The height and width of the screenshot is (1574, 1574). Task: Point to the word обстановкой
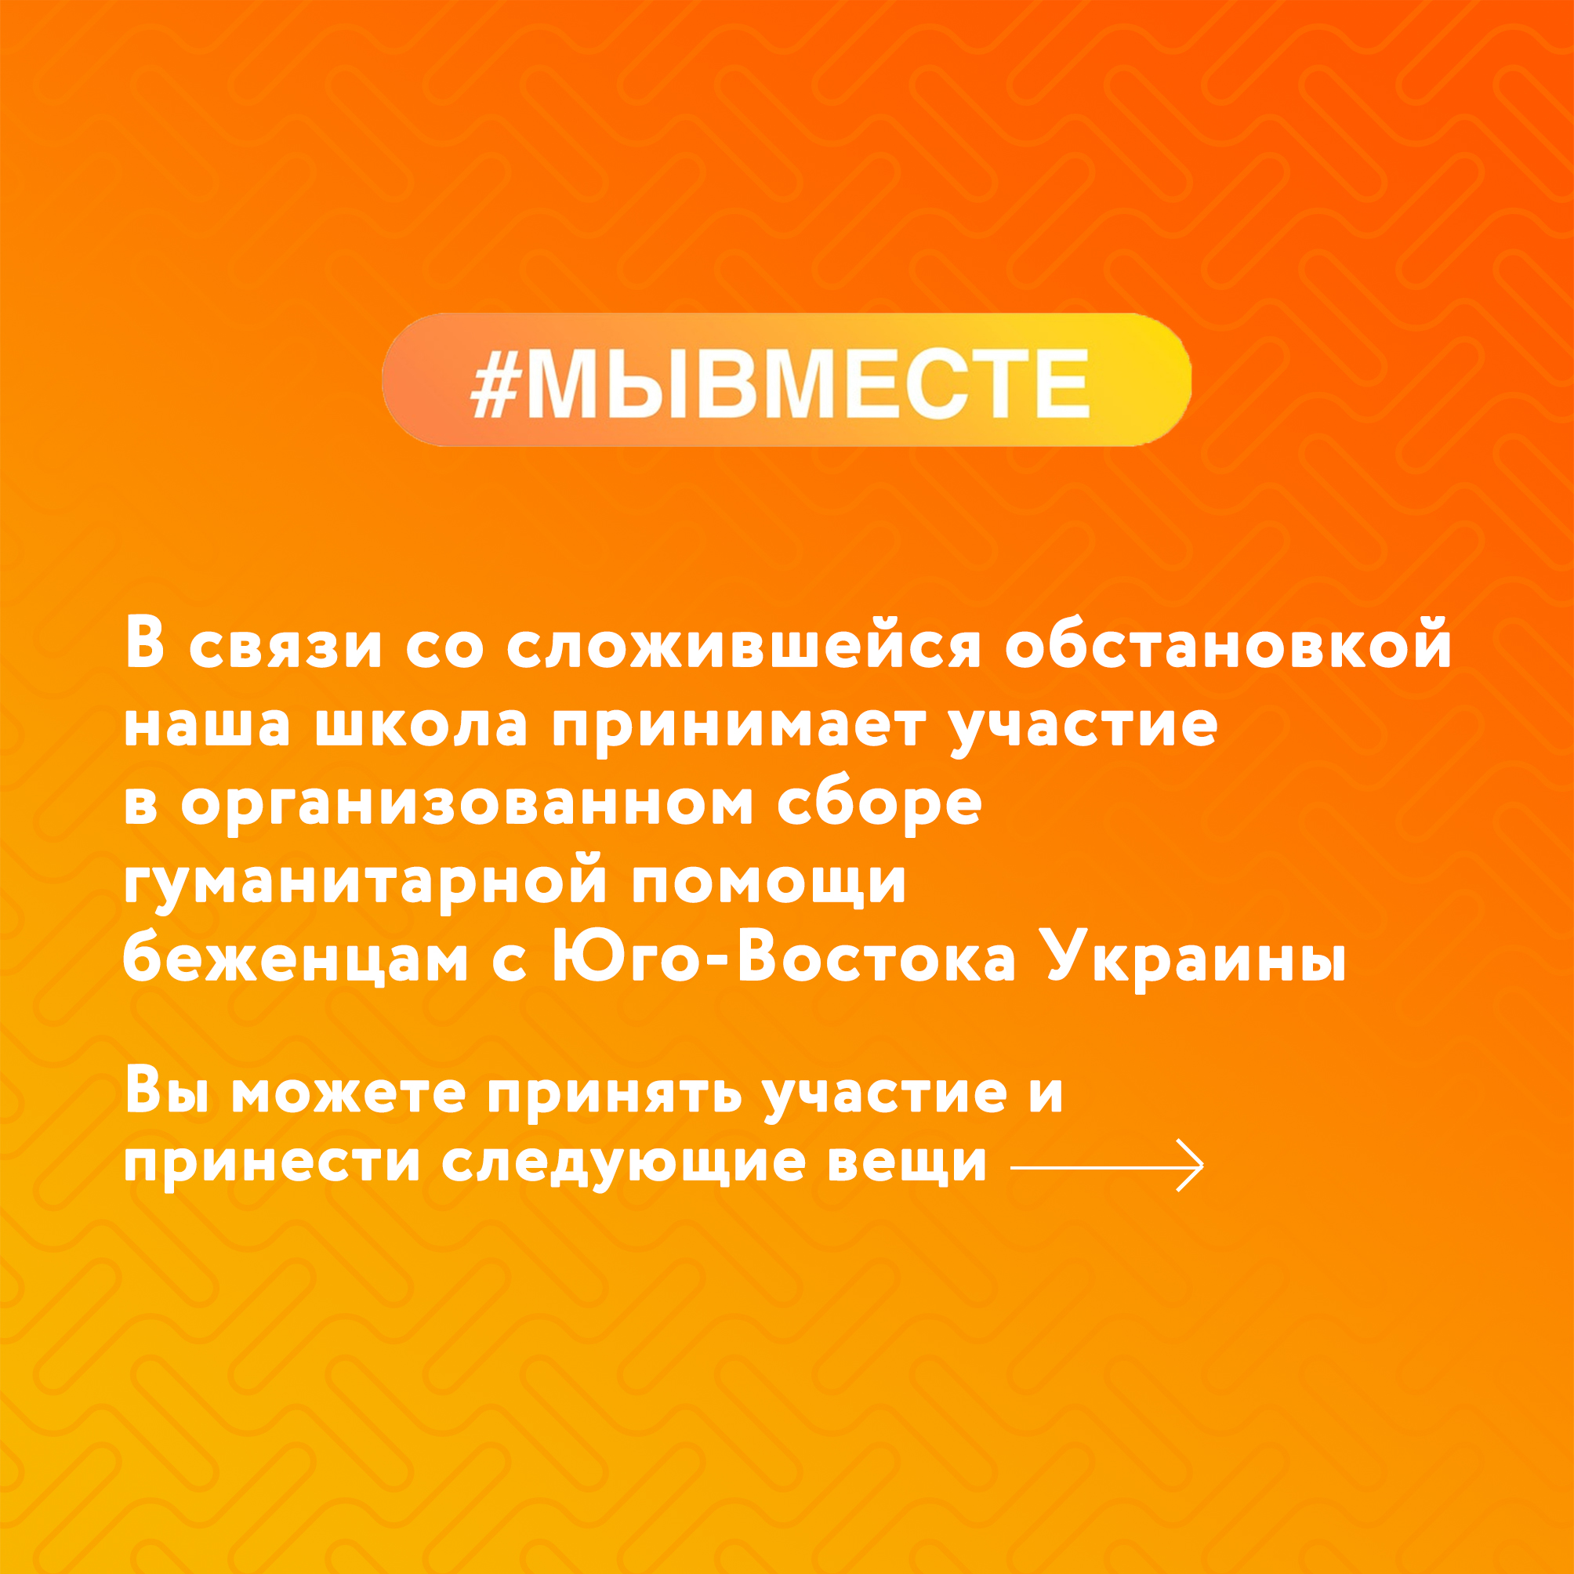coord(1228,646)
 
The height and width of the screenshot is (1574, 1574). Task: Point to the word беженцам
coord(295,960)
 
